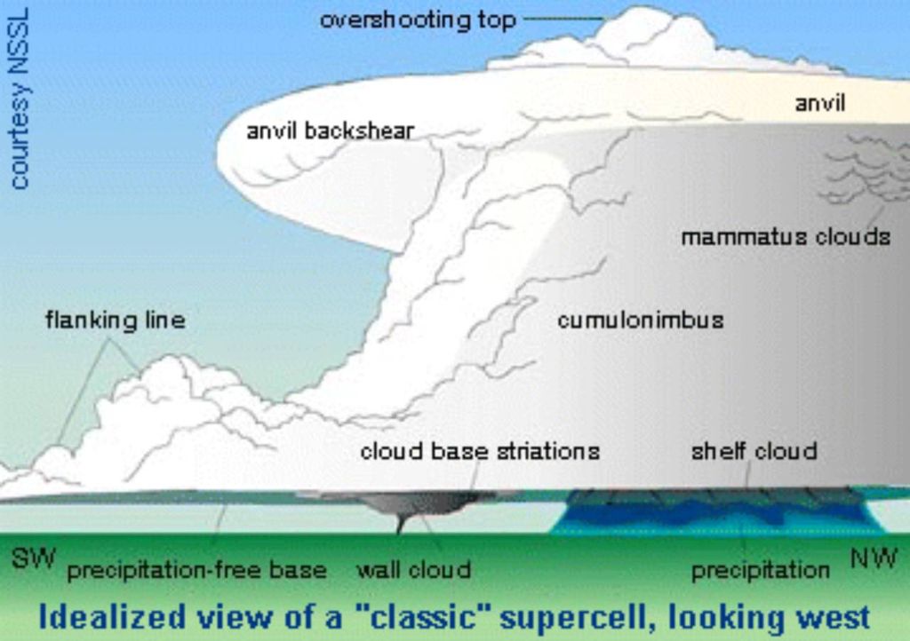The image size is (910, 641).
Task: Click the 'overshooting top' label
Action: tap(417, 20)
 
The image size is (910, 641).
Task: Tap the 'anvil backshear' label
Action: tap(330, 131)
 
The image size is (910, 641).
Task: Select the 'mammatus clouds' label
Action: tap(786, 237)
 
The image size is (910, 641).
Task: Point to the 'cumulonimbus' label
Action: tap(640, 320)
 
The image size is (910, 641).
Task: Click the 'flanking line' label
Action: tap(116, 320)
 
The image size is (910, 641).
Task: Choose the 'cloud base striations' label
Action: tap(479, 451)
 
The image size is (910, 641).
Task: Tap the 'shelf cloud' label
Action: tap(754, 451)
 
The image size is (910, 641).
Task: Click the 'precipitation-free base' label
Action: tap(197, 570)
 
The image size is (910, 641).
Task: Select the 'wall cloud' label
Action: tap(413, 570)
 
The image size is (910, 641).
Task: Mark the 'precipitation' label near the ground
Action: tap(760, 570)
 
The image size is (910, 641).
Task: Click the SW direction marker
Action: tap(34, 559)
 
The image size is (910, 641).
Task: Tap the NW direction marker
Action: tap(874, 559)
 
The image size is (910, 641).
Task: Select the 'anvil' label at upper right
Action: tap(819, 103)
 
